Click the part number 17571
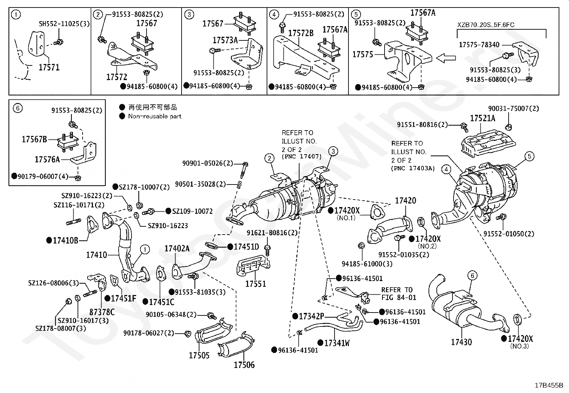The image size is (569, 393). (49, 67)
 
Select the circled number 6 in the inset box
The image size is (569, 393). (18, 108)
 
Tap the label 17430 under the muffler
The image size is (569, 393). (461, 342)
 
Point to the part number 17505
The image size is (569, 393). (199, 355)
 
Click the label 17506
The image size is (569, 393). (244, 365)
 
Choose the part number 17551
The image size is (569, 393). (256, 284)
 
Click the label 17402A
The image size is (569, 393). (177, 249)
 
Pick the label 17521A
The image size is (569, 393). (483, 118)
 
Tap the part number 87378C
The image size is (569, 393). (102, 312)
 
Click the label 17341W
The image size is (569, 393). (337, 343)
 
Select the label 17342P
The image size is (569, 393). (311, 316)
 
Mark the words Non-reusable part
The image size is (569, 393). (155, 116)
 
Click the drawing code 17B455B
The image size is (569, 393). (549, 385)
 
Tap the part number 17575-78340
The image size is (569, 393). (479, 45)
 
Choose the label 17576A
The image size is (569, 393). (47, 159)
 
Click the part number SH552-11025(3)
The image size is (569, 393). (64, 24)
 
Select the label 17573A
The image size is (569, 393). (225, 40)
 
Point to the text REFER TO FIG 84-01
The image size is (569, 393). (399, 294)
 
